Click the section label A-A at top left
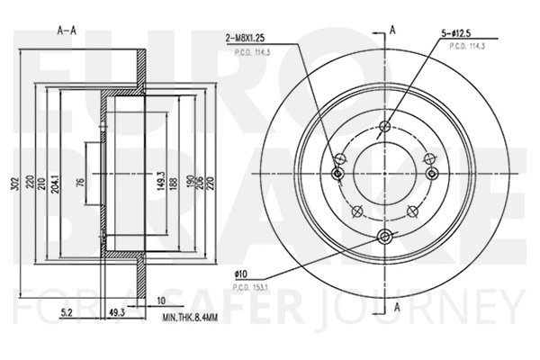point(66,29)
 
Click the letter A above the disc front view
point(392,29)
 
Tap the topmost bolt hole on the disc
point(386,126)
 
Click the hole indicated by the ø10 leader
point(386,236)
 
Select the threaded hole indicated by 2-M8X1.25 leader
point(338,174)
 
